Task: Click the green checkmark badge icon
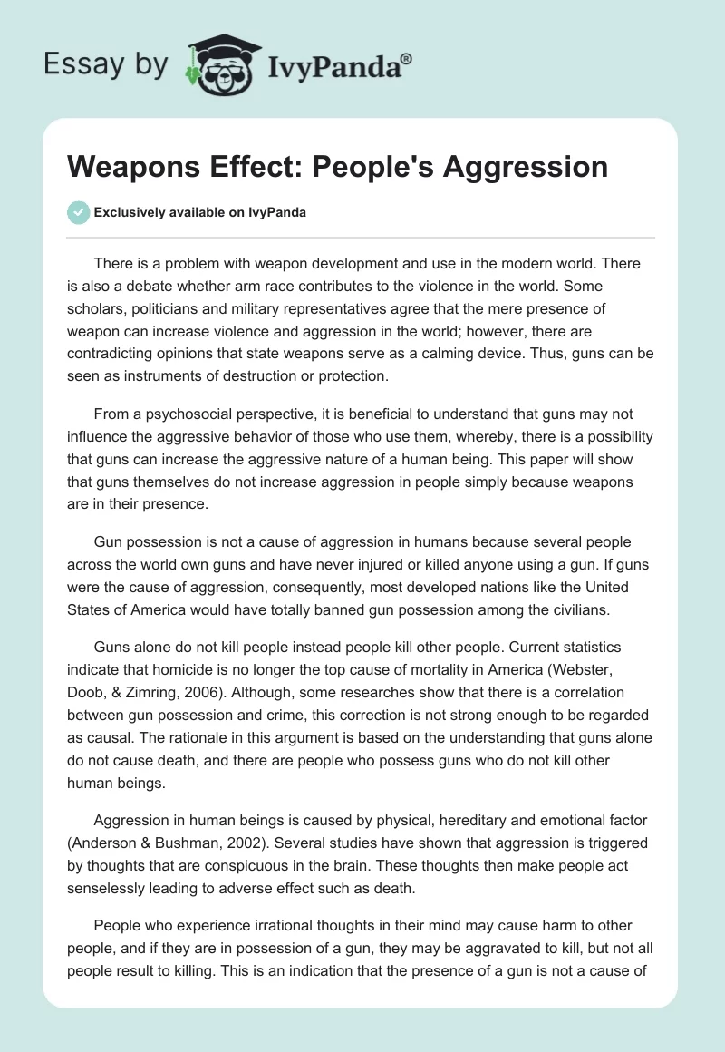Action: coord(78,212)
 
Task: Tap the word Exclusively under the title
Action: coord(129,212)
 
